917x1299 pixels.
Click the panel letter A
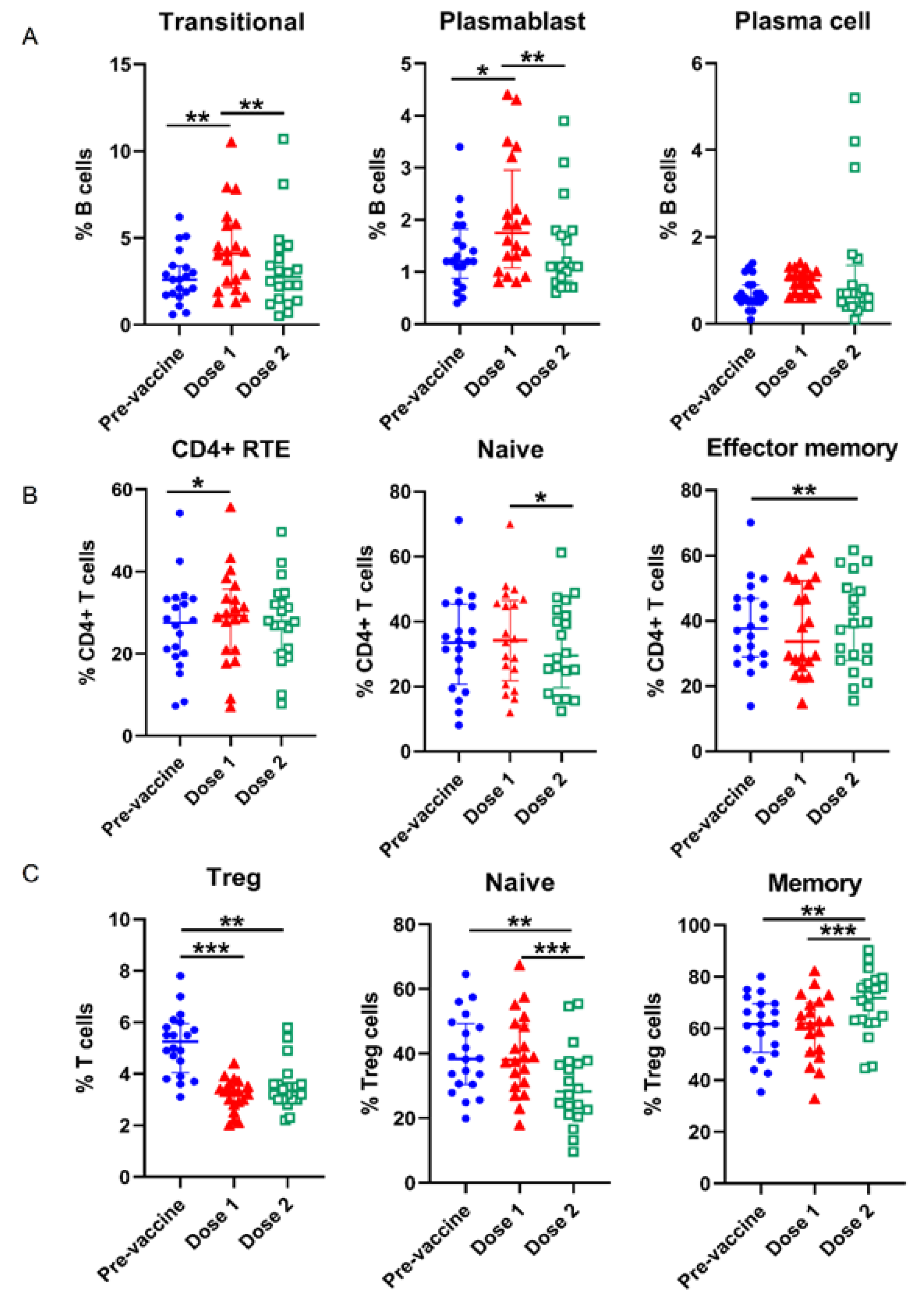pos(29,38)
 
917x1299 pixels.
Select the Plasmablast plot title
pos(512,22)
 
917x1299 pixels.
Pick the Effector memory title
pos(802,448)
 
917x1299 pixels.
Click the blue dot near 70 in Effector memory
pos(750,522)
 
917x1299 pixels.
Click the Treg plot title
pos(234,878)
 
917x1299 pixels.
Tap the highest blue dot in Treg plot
pos(181,976)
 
